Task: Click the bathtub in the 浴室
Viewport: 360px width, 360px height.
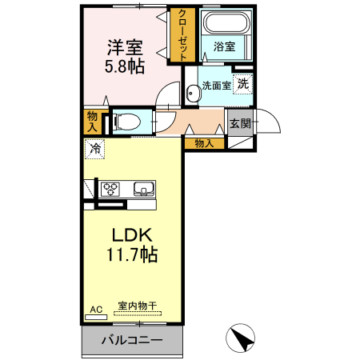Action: pos(223,23)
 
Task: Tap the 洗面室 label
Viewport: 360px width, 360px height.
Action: pos(214,85)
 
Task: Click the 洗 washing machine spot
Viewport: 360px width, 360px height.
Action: pos(242,82)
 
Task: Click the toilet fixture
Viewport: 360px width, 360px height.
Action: pos(126,122)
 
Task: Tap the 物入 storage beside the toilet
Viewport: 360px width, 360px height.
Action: pos(92,121)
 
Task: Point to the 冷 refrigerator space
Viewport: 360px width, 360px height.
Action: pos(95,148)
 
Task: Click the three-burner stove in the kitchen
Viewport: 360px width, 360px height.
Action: pos(110,190)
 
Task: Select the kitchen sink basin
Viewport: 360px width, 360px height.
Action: pos(143,190)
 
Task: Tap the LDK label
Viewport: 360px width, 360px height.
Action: pos(132,236)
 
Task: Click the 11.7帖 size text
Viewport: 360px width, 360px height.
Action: pos(132,255)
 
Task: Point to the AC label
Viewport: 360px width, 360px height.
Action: pos(96,308)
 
